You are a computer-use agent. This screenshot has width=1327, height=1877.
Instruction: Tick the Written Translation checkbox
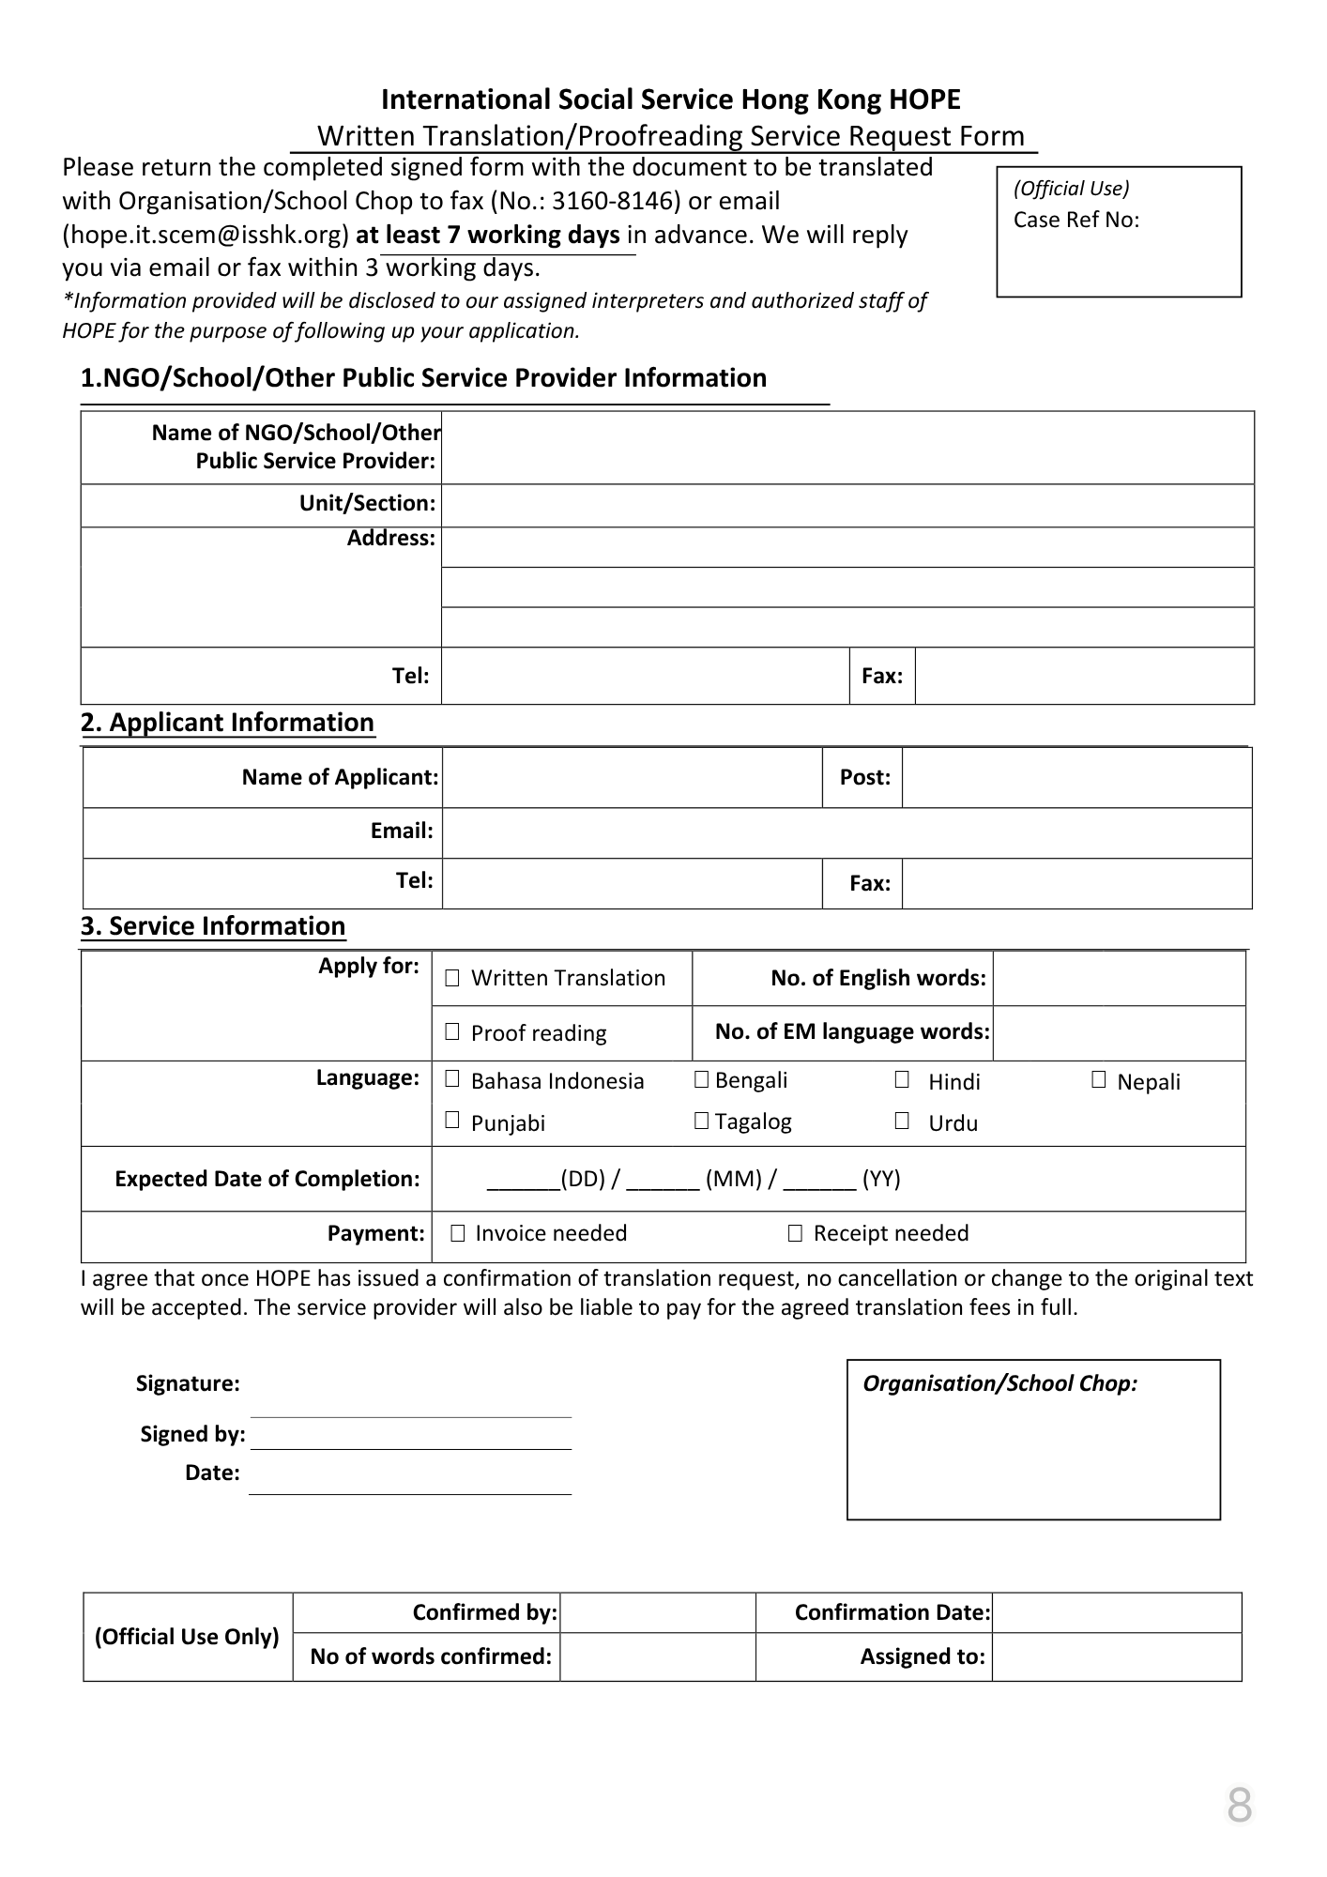point(452,978)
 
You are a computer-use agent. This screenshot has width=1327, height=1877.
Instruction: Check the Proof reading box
point(452,1032)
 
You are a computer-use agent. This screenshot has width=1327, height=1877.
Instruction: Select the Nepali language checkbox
point(1099,1080)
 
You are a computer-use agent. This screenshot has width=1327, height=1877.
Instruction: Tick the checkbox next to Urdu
point(902,1121)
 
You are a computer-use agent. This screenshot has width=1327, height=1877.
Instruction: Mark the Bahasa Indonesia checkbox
point(452,1079)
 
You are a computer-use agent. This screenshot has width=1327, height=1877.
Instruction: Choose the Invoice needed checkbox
point(458,1233)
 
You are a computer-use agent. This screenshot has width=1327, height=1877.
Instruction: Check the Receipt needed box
point(795,1233)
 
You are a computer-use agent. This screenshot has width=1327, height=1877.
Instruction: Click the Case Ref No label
point(1075,220)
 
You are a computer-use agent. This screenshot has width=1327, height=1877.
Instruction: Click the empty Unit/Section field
point(847,505)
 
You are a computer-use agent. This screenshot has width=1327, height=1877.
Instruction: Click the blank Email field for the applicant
point(847,832)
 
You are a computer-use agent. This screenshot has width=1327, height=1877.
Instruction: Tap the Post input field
point(1076,777)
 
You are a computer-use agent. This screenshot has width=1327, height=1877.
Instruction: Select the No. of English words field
point(1119,979)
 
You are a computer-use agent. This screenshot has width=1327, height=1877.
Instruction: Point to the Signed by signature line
point(411,1436)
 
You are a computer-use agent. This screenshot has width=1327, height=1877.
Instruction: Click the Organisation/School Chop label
point(999,1383)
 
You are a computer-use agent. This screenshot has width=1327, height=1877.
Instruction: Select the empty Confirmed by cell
point(657,1612)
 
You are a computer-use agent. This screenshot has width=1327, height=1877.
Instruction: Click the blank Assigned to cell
point(1116,1656)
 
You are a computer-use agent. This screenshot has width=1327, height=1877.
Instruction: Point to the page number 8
point(1239,1805)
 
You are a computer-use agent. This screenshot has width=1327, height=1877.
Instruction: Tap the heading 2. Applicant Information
point(227,723)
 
